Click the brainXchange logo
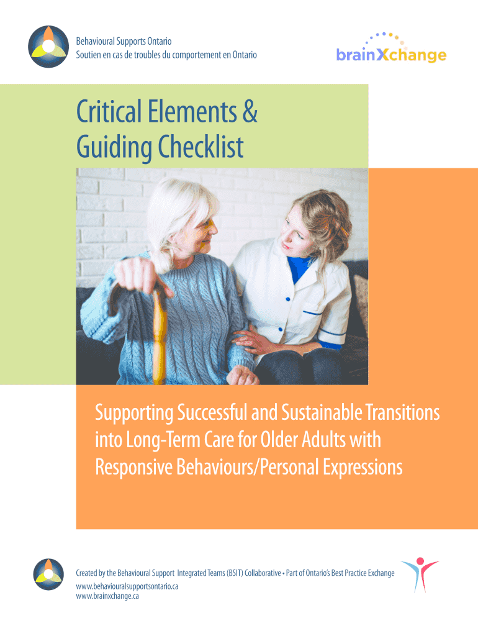click(x=391, y=48)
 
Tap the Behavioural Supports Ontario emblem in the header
click(x=48, y=47)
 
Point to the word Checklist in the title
click(x=201, y=147)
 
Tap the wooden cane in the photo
click(x=159, y=335)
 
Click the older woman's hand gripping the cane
click(x=140, y=276)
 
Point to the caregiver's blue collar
click(x=299, y=268)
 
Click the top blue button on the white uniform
click(x=288, y=299)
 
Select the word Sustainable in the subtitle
click(x=322, y=412)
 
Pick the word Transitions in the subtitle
click(x=403, y=412)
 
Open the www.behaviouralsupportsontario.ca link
click(x=127, y=586)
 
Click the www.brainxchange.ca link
click(x=107, y=596)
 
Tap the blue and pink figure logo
click(x=420, y=575)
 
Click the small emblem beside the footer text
click(x=48, y=575)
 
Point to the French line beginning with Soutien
click(x=166, y=55)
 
